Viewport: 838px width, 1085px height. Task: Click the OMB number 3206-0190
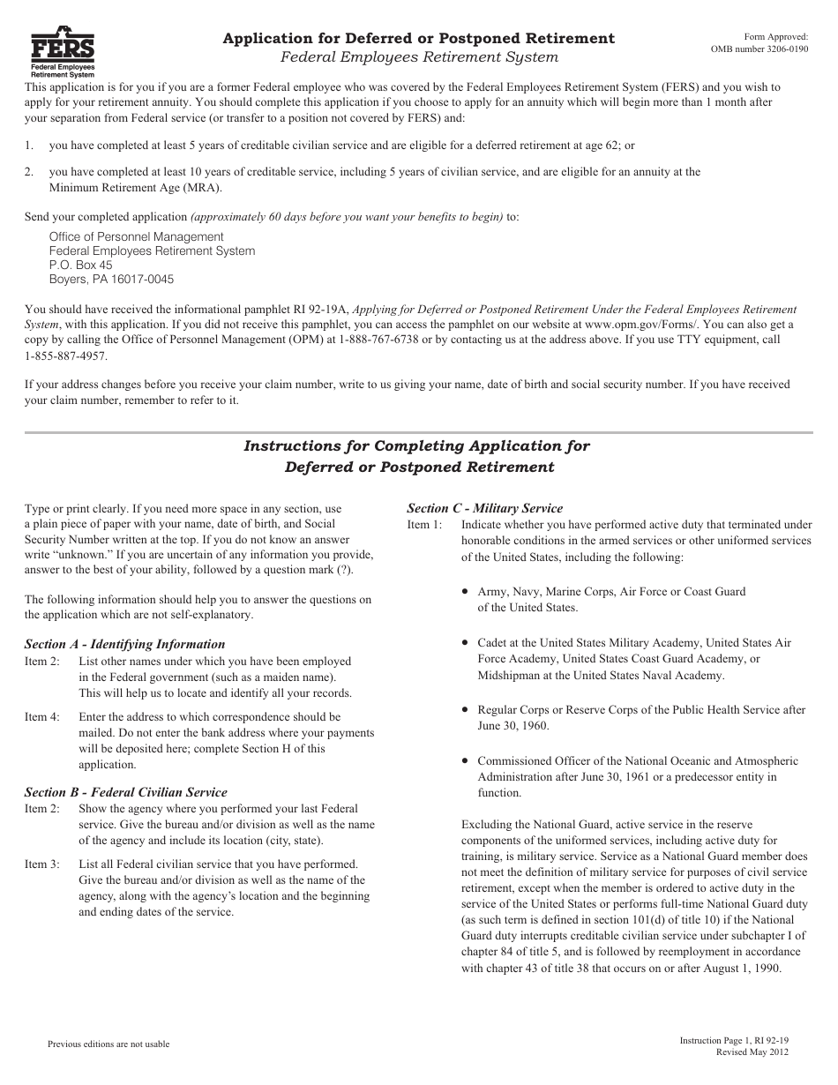759,50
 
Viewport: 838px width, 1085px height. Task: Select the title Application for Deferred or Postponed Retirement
419,38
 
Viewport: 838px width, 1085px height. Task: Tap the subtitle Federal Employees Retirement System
419,57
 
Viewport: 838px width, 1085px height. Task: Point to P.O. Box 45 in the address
80,265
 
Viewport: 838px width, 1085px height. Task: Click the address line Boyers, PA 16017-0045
111,280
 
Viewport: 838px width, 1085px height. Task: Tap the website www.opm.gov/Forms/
637,325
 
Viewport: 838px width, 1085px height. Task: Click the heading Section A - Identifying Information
124,644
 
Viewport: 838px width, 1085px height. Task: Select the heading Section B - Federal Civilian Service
125,792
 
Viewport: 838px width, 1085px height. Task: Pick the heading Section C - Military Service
484,508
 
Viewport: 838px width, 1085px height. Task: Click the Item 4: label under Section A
42,717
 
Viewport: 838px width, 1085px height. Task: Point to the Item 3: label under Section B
42,864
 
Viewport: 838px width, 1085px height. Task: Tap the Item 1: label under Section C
424,525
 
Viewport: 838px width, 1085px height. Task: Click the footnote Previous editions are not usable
108,1044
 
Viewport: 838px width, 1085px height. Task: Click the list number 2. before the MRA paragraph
29,172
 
